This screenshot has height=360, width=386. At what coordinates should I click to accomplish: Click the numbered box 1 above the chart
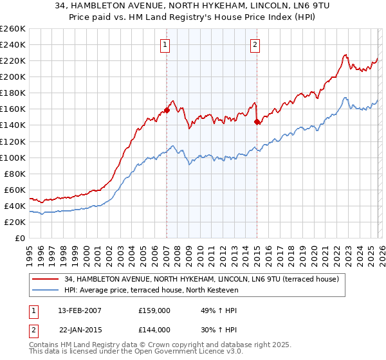(165, 44)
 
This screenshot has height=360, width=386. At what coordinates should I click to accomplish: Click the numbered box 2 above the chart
(255, 44)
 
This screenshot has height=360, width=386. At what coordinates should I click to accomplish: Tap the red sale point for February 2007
(167, 110)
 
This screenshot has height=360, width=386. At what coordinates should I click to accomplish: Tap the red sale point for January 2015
(257, 122)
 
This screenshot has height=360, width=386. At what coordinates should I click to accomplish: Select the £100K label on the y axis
(13, 157)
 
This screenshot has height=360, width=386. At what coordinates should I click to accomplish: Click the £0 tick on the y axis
(19, 238)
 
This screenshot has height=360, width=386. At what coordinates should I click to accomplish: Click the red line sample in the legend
(45, 279)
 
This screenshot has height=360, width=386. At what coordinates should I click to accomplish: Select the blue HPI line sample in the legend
(45, 291)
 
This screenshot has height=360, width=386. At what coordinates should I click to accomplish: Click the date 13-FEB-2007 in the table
(77, 310)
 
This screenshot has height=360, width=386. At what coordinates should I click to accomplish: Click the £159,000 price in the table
(154, 310)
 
